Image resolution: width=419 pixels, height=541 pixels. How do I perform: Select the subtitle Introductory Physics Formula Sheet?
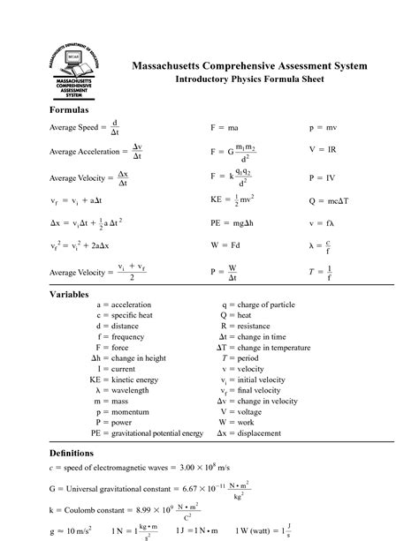click(x=249, y=79)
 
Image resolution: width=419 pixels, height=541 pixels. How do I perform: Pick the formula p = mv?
click(x=323, y=128)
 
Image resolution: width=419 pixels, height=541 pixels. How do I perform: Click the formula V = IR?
click(x=323, y=151)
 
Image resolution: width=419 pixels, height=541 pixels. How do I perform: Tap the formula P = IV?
click(x=323, y=177)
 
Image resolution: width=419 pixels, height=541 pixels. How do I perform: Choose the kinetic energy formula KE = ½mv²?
click(x=232, y=200)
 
